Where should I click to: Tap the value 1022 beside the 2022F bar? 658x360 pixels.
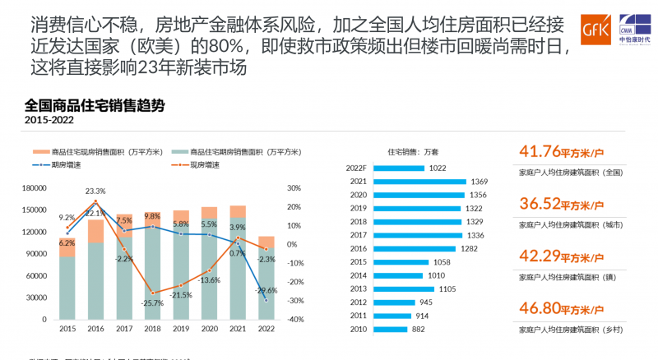click(x=438, y=168)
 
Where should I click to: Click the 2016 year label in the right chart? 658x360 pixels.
click(x=358, y=249)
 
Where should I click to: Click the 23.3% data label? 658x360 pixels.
click(x=95, y=191)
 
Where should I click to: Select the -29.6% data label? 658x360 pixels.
click(x=266, y=291)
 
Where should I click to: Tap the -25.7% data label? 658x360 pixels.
click(x=153, y=303)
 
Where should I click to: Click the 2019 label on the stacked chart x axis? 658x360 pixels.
click(x=181, y=329)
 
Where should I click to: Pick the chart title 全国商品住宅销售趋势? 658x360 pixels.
click(x=95, y=105)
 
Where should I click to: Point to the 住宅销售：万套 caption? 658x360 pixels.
click(x=413, y=152)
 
